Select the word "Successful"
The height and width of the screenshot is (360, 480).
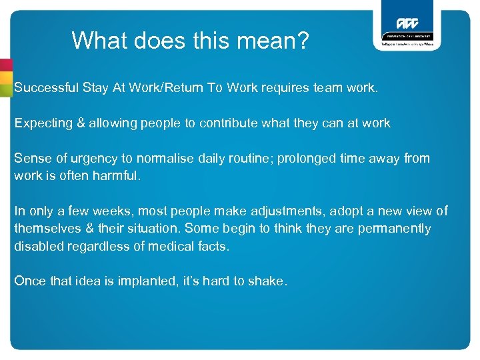coord(46,87)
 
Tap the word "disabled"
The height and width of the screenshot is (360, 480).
coord(37,246)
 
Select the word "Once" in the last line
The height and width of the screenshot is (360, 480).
coord(30,281)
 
